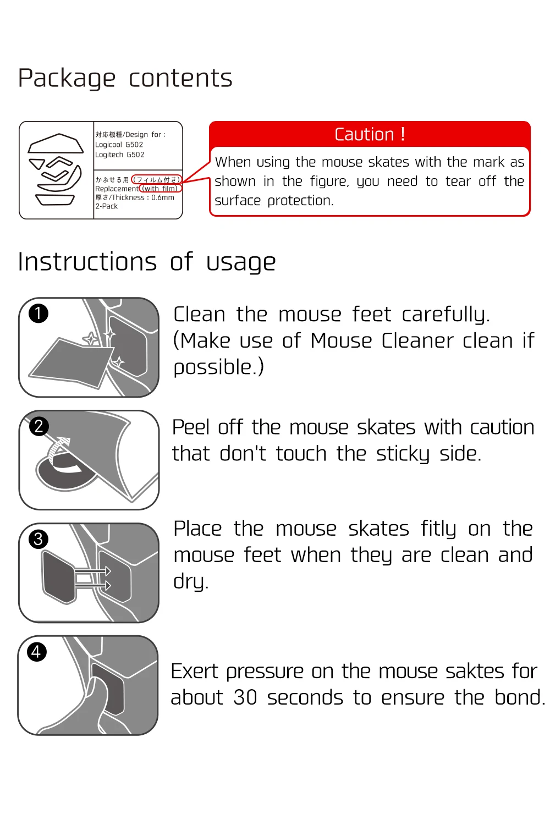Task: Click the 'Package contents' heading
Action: coord(125,79)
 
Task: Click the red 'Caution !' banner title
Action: coord(370,134)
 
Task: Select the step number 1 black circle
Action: coord(38,314)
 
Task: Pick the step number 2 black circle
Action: coord(38,426)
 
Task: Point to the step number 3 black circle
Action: coord(38,539)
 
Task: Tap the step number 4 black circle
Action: coord(36,652)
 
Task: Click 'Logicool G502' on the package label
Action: coord(119,145)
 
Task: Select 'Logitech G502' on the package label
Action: coord(120,155)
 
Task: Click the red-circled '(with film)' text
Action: coord(160,189)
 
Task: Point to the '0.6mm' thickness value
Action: coord(163,197)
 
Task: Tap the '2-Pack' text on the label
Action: coord(107,206)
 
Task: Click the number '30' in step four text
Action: coord(245,697)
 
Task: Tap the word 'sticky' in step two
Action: coord(403,454)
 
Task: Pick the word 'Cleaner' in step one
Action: coord(417,340)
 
